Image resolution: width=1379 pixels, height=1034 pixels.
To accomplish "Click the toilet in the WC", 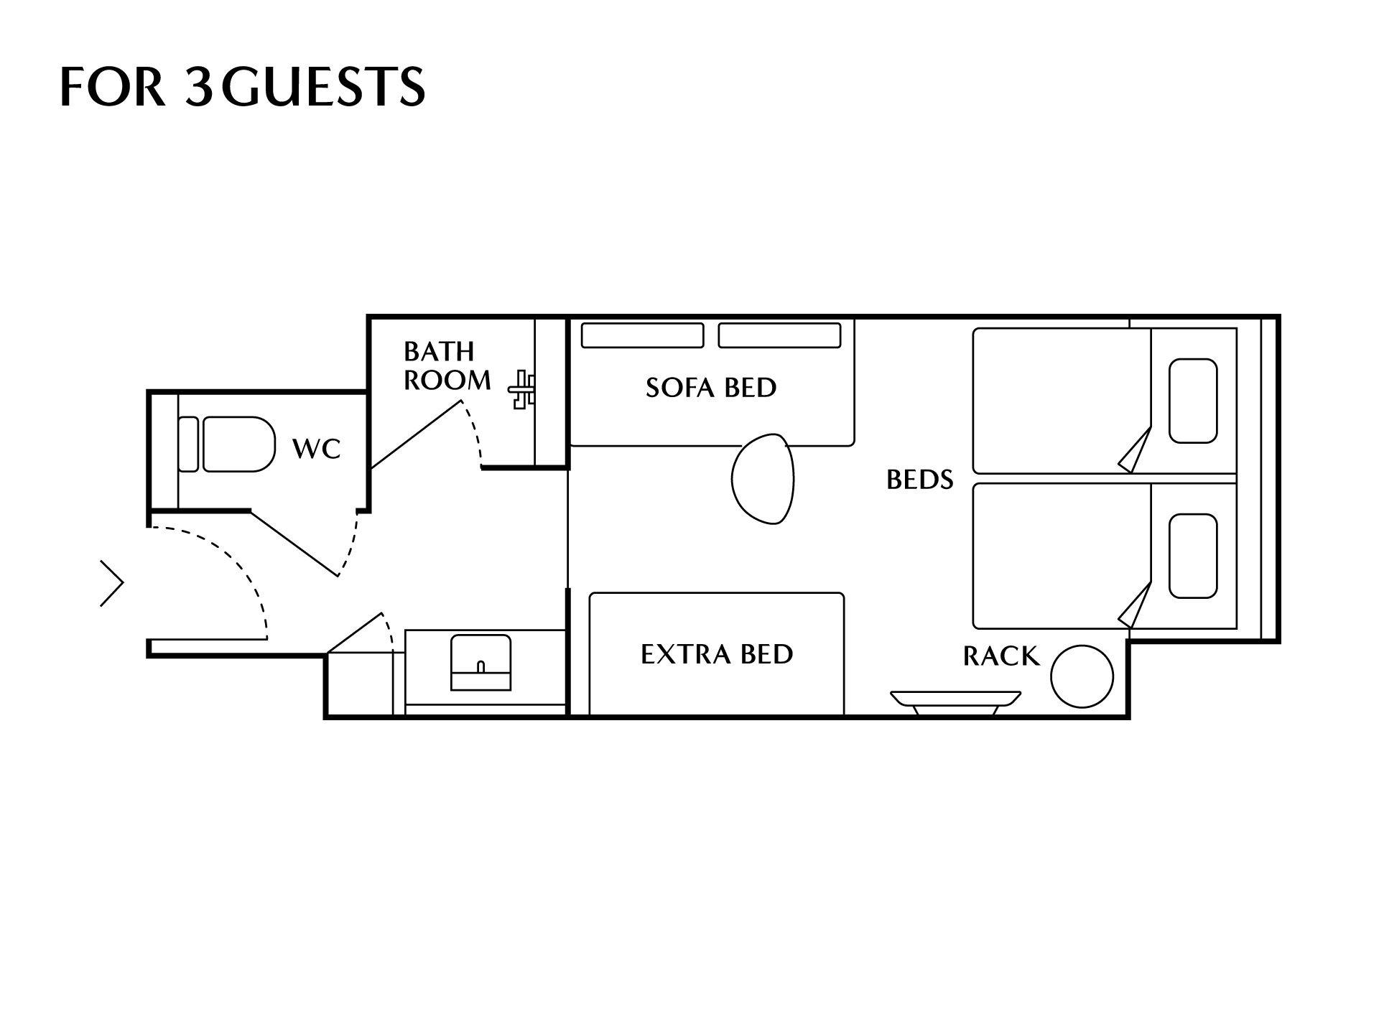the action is point(227,444).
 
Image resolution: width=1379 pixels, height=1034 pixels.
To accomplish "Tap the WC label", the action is point(316,449).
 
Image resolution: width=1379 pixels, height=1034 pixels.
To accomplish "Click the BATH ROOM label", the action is point(447,365).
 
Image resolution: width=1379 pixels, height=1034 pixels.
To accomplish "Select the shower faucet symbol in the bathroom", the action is point(522,390).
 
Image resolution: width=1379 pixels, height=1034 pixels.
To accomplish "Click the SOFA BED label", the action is point(711,388).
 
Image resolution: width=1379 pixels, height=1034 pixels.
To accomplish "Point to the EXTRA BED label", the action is point(717,654).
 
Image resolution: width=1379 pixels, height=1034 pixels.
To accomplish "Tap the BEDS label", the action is point(919,480).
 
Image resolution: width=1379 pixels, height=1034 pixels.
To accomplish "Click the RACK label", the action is point(1001,656).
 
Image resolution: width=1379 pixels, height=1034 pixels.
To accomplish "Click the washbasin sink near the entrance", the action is point(480,662).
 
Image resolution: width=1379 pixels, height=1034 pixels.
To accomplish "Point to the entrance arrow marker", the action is point(112,583).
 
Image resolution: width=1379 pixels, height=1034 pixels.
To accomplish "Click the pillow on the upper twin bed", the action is point(1193,401).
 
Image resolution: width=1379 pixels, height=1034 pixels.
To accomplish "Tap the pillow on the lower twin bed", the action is point(1193,556).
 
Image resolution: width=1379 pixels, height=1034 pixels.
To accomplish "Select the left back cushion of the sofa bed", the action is point(642,335).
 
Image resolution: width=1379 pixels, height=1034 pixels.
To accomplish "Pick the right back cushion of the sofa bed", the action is point(779,335).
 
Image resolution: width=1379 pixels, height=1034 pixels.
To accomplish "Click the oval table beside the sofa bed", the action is point(763,479).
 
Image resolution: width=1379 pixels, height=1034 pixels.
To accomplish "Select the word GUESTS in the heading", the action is point(322,86).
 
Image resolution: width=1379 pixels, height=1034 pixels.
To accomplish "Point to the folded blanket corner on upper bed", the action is point(1136,450).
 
